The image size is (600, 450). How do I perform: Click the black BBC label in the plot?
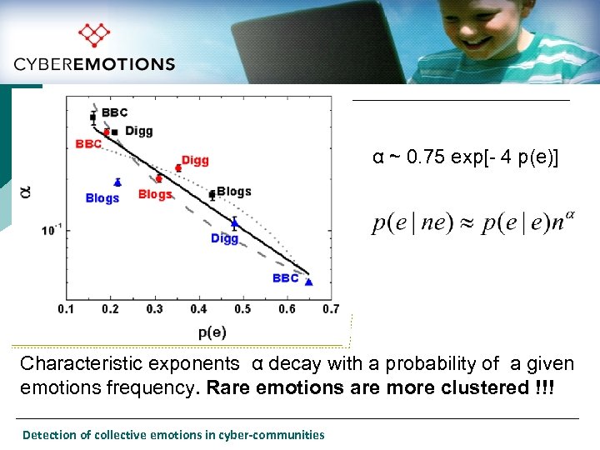point(115,112)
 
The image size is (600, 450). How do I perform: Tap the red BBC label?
point(88,143)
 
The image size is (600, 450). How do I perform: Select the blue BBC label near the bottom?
point(285,277)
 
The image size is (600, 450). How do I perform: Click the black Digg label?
point(139,131)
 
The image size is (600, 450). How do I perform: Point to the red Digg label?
point(195,160)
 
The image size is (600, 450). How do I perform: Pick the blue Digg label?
point(224,238)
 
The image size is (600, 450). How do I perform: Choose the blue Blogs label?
point(102,198)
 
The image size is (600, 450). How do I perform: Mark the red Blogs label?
point(155,194)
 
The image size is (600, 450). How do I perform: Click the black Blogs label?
point(234,192)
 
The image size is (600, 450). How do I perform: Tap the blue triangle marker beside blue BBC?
point(308,282)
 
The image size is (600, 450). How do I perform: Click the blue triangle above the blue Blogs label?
point(117,182)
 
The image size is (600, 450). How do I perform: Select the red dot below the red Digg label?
point(178,168)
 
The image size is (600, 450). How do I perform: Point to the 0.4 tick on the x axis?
point(198,309)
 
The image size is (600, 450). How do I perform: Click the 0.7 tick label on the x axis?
point(330,309)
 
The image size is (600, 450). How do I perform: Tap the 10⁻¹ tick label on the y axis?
point(52,230)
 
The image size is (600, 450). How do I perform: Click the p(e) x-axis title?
point(212,332)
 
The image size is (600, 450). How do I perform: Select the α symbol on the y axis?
point(25,192)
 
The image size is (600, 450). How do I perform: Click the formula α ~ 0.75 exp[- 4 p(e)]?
point(466,157)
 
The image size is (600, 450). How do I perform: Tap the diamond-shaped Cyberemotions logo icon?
point(93,35)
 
